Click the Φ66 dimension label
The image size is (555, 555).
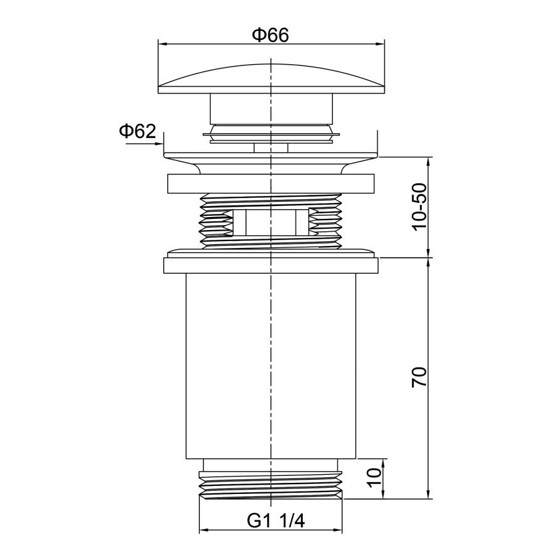(x=271, y=35)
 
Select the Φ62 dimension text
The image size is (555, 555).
(x=138, y=131)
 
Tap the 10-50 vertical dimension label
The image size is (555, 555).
(x=420, y=207)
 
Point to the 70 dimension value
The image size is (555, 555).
(x=420, y=377)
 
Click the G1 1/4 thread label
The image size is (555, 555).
(x=276, y=520)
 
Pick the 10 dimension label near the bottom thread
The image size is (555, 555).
(x=374, y=477)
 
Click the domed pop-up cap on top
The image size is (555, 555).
(x=271, y=79)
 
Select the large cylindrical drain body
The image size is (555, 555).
(x=271, y=366)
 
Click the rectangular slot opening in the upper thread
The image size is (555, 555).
(x=271, y=222)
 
